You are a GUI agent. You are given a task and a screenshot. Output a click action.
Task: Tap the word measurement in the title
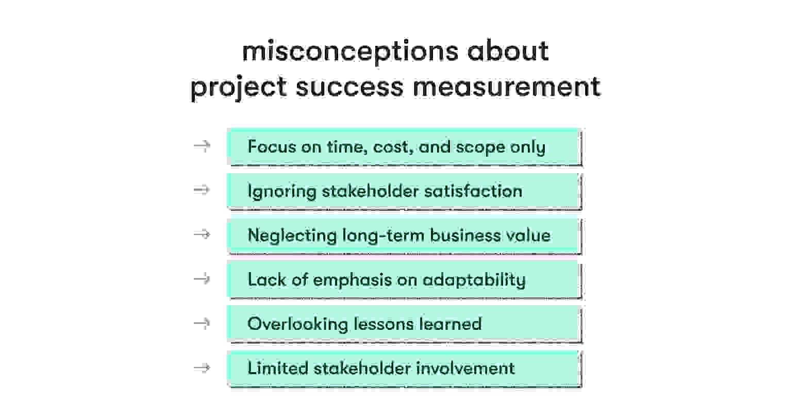(506, 86)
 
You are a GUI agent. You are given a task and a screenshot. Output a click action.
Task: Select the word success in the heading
(349, 86)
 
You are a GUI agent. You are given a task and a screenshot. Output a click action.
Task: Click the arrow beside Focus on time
(202, 146)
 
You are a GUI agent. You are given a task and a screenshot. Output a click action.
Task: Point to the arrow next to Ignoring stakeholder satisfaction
(202, 190)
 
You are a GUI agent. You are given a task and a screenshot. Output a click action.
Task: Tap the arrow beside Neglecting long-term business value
(202, 234)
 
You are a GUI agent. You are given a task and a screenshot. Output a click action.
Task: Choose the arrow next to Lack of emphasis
(202, 279)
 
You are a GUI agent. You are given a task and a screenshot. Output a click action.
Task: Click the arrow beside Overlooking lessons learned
(202, 323)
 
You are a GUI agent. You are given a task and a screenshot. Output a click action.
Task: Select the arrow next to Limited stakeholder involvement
(202, 367)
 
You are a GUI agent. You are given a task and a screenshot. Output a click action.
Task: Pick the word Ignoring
(281, 192)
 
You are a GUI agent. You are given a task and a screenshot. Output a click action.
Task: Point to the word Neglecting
(292, 236)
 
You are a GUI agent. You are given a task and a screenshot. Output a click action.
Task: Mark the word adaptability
(474, 280)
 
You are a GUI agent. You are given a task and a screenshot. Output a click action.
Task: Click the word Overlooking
(297, 324)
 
